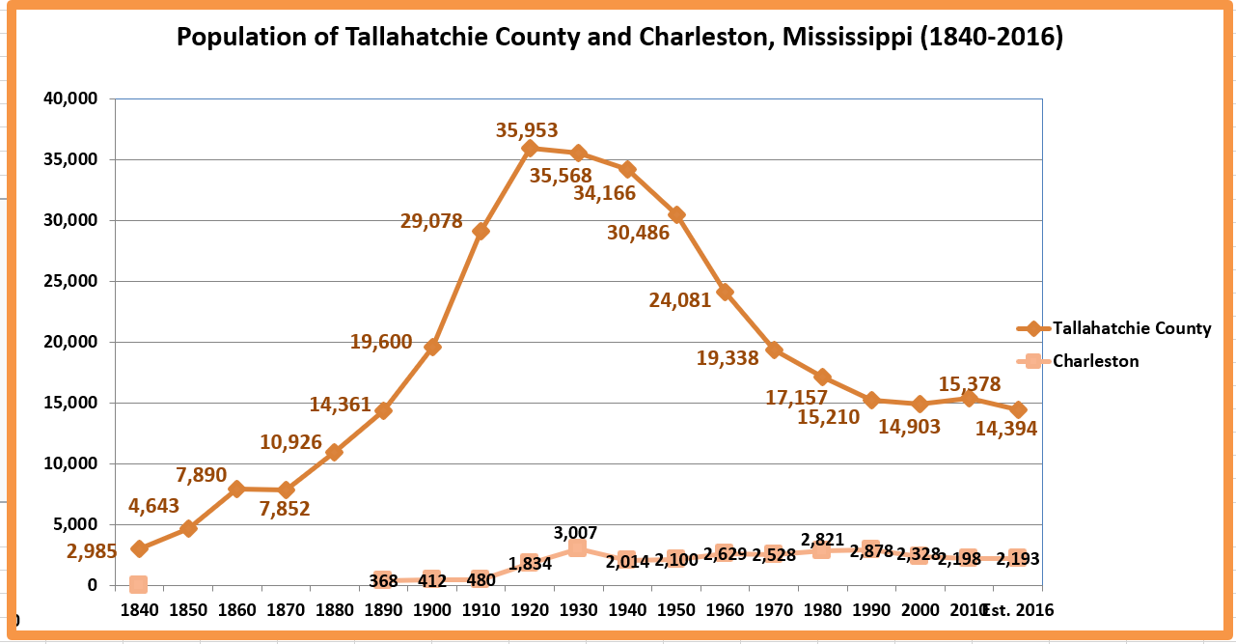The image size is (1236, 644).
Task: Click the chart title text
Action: (619, 38)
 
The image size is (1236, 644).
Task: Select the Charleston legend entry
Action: (1095, 361)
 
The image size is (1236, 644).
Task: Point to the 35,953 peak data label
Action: (527, 130)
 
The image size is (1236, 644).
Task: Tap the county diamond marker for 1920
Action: (529, 148)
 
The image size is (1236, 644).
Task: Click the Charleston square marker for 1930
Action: (577, 547)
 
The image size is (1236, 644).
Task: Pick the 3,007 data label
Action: (576, 533)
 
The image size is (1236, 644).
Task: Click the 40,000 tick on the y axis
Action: (70, 98)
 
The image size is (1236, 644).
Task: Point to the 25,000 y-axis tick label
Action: (70, 281)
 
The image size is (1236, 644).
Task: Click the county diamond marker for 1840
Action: (139, 548)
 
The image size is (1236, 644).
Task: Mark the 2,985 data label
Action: (92, 552)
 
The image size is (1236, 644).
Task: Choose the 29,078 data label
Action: (431, 221)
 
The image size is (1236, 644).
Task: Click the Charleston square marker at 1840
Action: (138, 584)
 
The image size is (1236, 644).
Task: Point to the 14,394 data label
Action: (1005, 430)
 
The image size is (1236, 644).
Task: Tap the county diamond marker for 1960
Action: (725, 292)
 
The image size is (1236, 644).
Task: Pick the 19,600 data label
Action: (381, 342)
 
